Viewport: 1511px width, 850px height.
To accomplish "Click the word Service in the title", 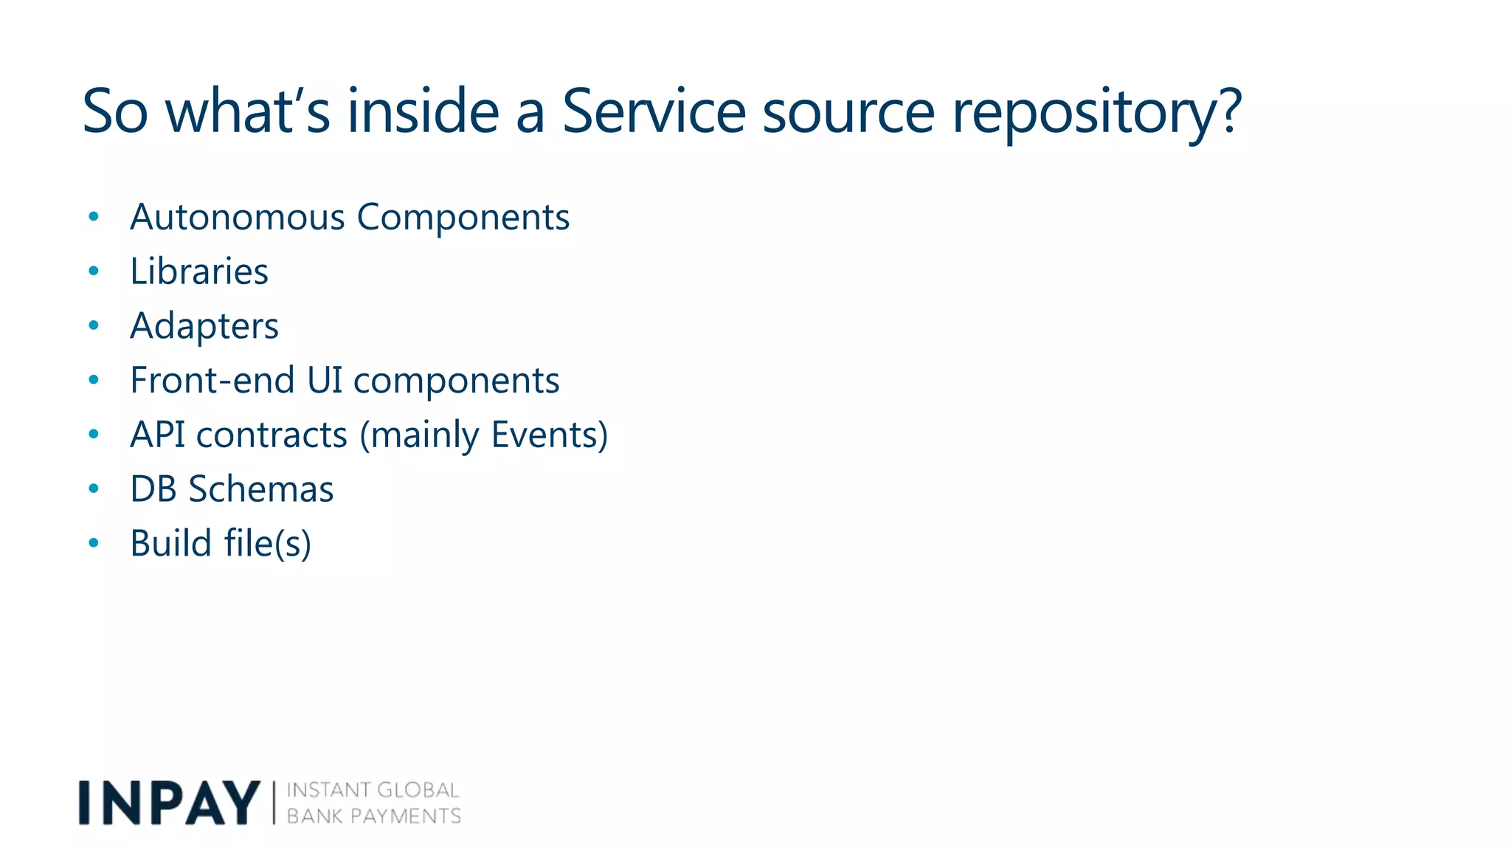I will coord(654,111).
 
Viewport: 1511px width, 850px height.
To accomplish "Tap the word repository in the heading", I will coord(1087,113).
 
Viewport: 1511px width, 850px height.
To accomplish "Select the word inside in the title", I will coord(423,111).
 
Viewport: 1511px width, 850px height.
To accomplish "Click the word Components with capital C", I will coord(463,218).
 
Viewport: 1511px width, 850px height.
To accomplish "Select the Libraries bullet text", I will coord(199,271).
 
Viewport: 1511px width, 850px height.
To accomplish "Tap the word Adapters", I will coord(204,327).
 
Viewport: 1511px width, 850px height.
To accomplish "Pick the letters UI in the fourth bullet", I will coord(325,380).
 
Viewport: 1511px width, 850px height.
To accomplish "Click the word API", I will coord(157,434).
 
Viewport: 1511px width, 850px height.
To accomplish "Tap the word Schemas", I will coord(260,488).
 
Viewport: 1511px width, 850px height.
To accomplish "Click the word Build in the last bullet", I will coord(171,543).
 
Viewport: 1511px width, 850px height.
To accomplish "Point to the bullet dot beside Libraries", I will coord(94,272).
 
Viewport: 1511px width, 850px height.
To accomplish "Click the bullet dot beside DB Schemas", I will coord(94,488).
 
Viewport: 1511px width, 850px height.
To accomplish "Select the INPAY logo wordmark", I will coord(169,803).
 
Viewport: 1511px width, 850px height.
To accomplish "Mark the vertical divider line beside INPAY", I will coord(274,803).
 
